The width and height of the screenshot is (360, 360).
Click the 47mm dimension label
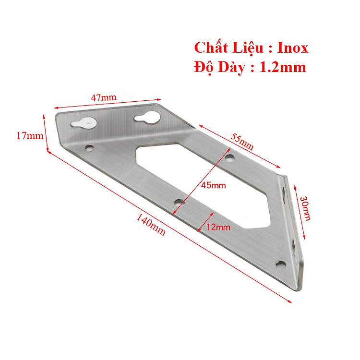[104, 97]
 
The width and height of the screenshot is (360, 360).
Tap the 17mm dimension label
[30, 136]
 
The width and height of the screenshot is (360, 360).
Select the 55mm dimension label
[242, 142]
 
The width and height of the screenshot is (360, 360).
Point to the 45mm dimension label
[214, 185]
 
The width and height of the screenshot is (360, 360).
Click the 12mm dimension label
[218, 227]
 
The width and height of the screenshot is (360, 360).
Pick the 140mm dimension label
[151, 225]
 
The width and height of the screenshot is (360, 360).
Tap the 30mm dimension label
[306, 208]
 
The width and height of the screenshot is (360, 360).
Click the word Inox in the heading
[293, 48]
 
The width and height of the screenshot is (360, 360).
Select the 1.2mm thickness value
[283, 67]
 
